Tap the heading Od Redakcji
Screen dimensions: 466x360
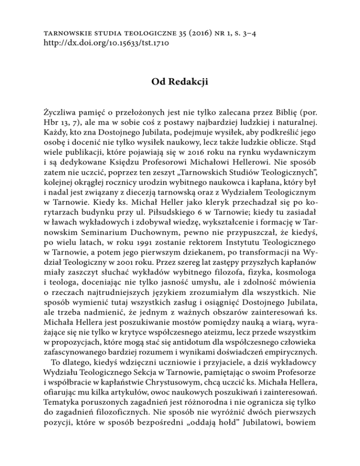[x=180, y=71]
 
